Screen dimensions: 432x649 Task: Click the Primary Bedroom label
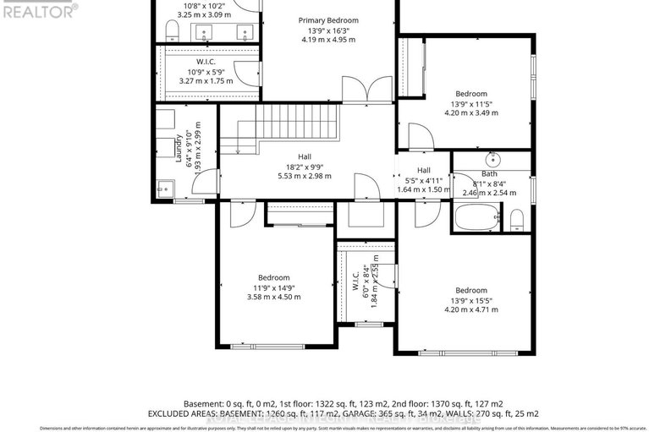point(328,20)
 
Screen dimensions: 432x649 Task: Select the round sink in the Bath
point(492,159)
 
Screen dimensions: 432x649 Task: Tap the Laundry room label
point(178,149)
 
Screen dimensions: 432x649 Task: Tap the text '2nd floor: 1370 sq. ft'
point(460,403)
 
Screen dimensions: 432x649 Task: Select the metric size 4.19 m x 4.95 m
point(328,39)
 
